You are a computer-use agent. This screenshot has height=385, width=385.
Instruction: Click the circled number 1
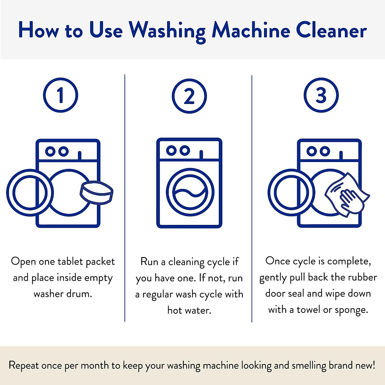click(x=60, y=95)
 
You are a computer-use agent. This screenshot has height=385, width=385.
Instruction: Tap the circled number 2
click(x=189, y=96)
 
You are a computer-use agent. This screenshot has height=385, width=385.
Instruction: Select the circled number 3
click(x=321, y=95)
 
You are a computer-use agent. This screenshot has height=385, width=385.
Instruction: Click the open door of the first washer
click(x=30, y=193)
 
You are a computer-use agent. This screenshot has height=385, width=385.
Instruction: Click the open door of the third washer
click(x=291, y=193)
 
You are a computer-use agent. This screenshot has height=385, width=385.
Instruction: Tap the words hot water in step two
click(x=189, y=310)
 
